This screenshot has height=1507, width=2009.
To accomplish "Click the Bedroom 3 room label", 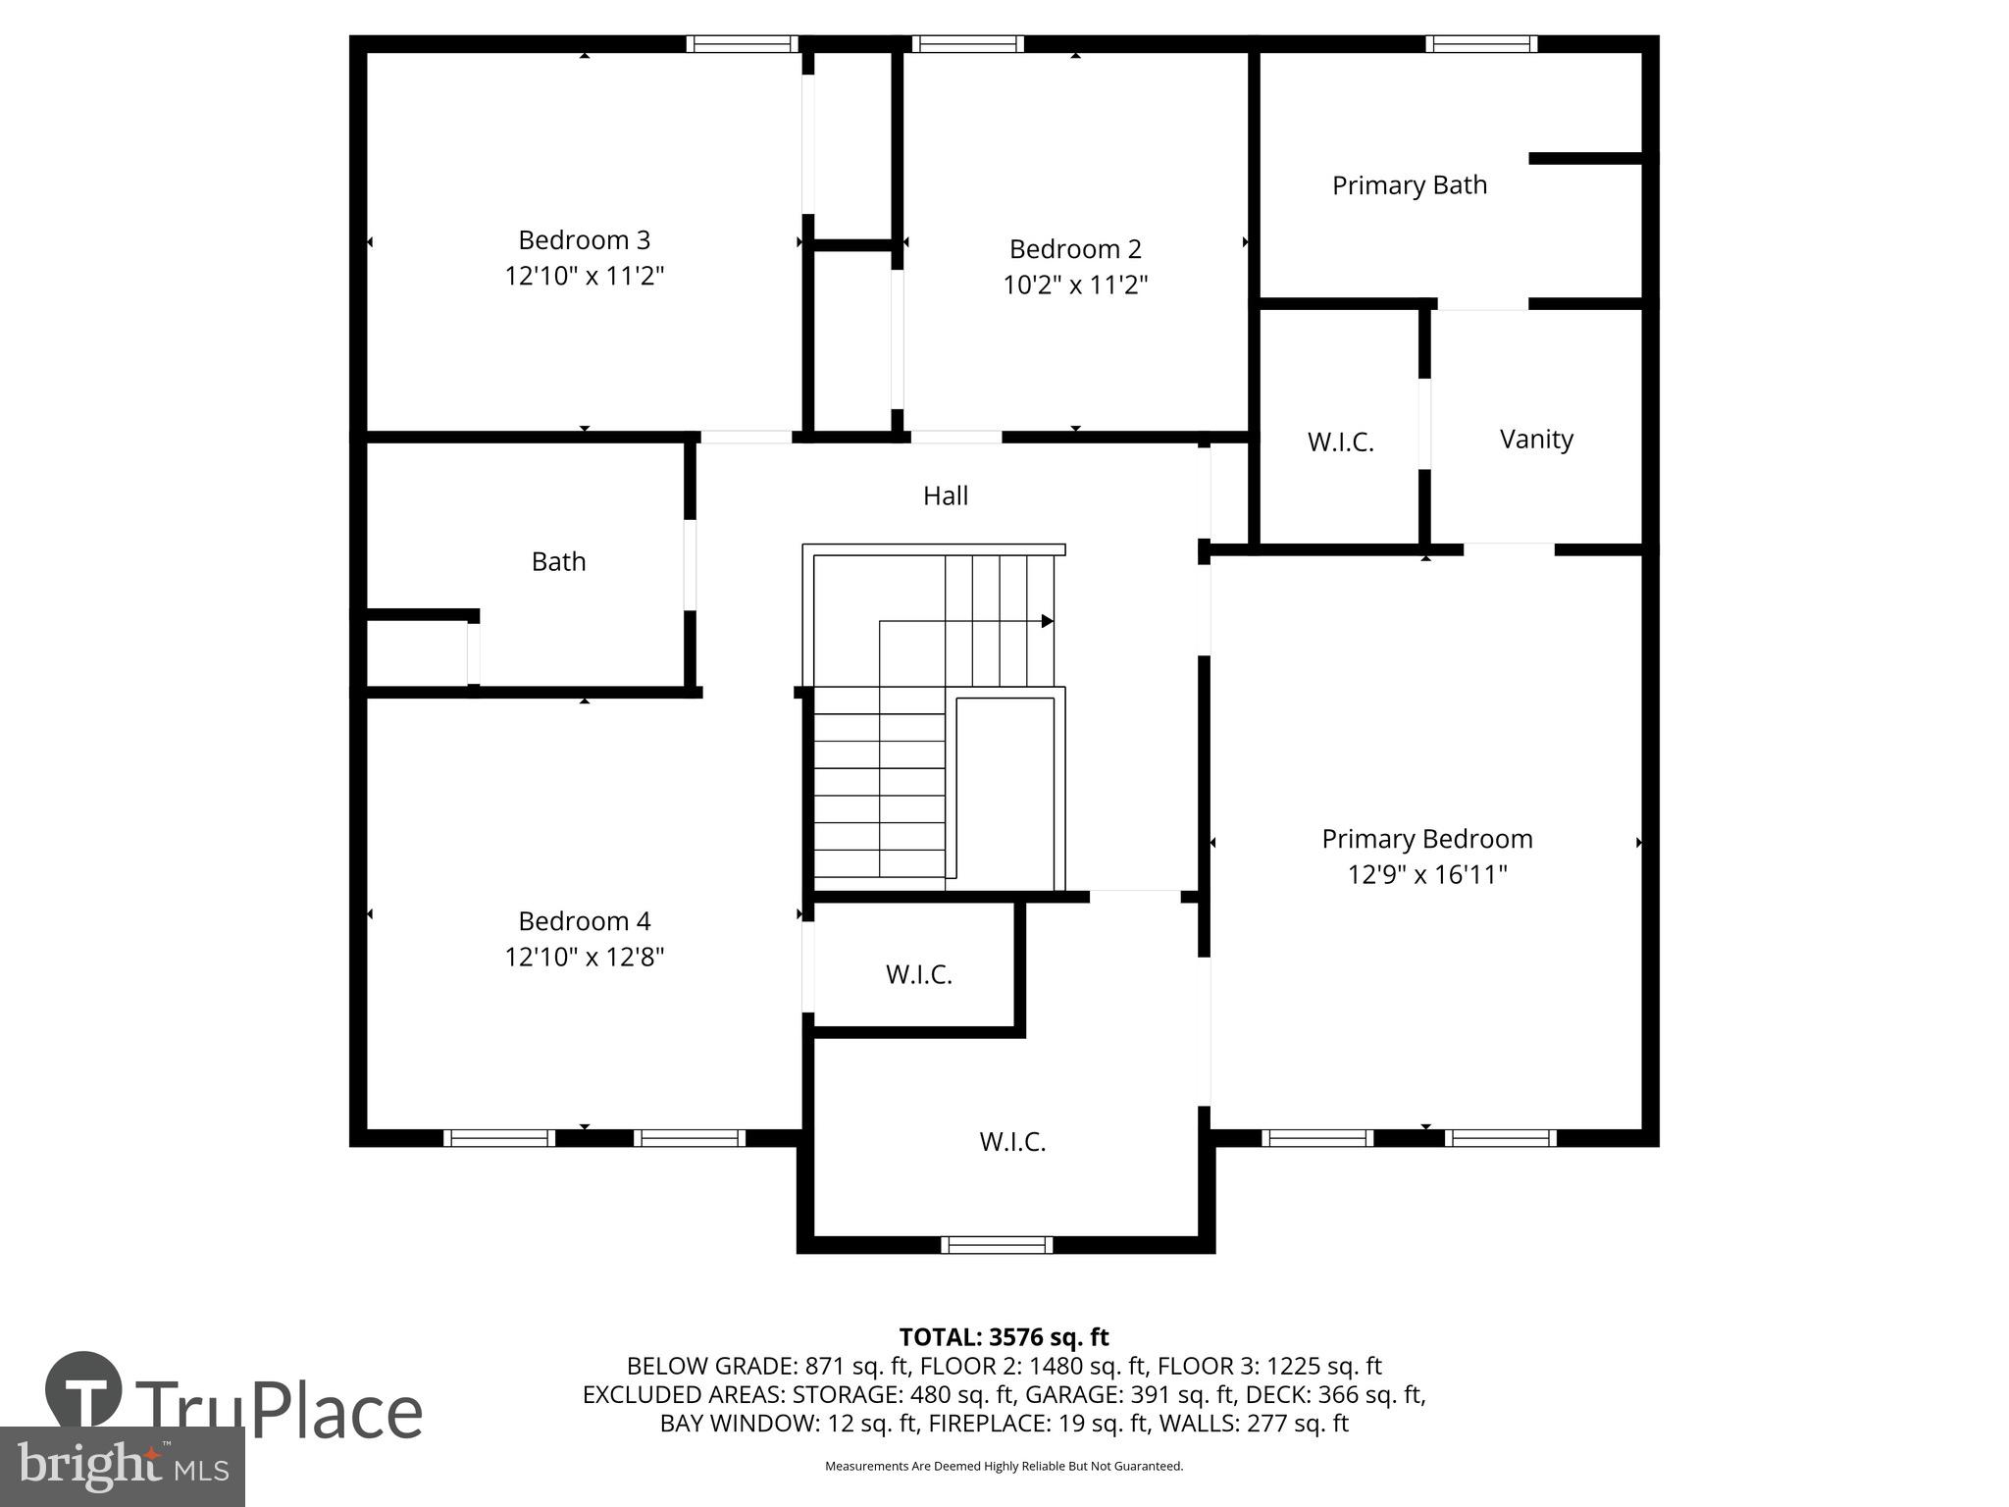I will (584, 239).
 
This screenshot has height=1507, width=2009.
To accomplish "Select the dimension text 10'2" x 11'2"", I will (1075, 286).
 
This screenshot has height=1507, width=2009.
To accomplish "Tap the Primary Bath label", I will (1409, 185).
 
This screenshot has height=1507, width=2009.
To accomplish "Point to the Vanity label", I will (1536, 439).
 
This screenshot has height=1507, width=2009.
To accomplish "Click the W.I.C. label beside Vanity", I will (1340, 442).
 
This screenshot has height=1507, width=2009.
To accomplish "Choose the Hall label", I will (945, 495).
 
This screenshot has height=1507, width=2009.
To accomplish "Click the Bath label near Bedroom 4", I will (558, 561).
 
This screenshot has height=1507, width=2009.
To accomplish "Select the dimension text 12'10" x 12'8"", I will (585, 957).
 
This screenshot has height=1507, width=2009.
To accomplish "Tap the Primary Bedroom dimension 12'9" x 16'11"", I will (1426, 874).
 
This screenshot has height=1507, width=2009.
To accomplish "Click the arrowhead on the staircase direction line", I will (1047, 621).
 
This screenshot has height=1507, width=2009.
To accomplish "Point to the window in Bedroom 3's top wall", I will (742, 43).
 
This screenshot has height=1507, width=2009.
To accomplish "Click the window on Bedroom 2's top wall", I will (967, 43).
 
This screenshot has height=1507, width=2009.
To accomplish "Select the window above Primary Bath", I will (1480, 43).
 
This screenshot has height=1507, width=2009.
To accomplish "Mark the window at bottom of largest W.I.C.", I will (997, 1245).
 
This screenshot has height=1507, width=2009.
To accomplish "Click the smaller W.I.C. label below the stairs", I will (918, 974).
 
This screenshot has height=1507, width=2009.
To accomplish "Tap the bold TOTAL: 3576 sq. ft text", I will (1004, 1337).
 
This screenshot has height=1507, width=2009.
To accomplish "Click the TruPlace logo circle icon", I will (84, 1390).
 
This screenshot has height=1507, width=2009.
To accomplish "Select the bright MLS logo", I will (122, 1466).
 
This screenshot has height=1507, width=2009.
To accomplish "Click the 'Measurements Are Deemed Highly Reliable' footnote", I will (1004, 1466).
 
